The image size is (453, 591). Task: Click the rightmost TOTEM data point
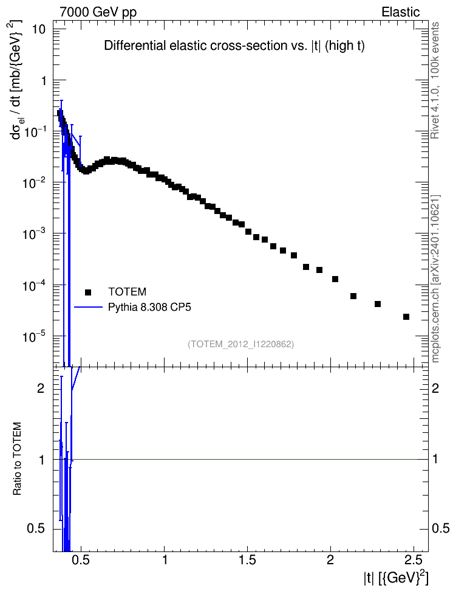click(406, 317)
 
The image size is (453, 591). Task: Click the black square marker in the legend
click(88, 292)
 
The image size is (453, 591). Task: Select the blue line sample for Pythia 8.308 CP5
click(88, 307)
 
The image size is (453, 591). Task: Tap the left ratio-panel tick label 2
click(41, 388)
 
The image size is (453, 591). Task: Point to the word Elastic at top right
click(401, 12)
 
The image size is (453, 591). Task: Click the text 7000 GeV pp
click(98, 12)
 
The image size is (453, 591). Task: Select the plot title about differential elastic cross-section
click(234, 46)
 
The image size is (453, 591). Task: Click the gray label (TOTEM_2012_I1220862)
click(240, 344)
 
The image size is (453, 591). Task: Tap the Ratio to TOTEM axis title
click(18, 458)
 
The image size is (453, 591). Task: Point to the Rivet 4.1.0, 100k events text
click(435, 81)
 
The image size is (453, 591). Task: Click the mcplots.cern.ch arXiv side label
click(435, 279)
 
